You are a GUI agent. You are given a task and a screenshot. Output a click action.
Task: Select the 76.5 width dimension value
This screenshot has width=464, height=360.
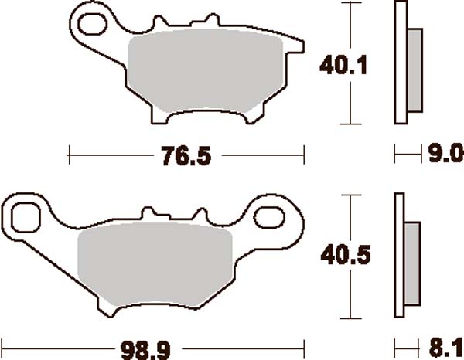coord(186,156)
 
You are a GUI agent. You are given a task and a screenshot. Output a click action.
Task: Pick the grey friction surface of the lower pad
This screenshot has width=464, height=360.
coord(155,263)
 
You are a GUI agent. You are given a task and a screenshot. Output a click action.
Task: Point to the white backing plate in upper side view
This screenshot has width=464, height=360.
coord(401,62)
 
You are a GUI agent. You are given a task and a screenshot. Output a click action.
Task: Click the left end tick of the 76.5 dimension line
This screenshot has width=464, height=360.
coord(70,156)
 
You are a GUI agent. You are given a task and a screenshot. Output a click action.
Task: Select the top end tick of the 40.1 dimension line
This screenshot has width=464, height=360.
coord(353,5)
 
